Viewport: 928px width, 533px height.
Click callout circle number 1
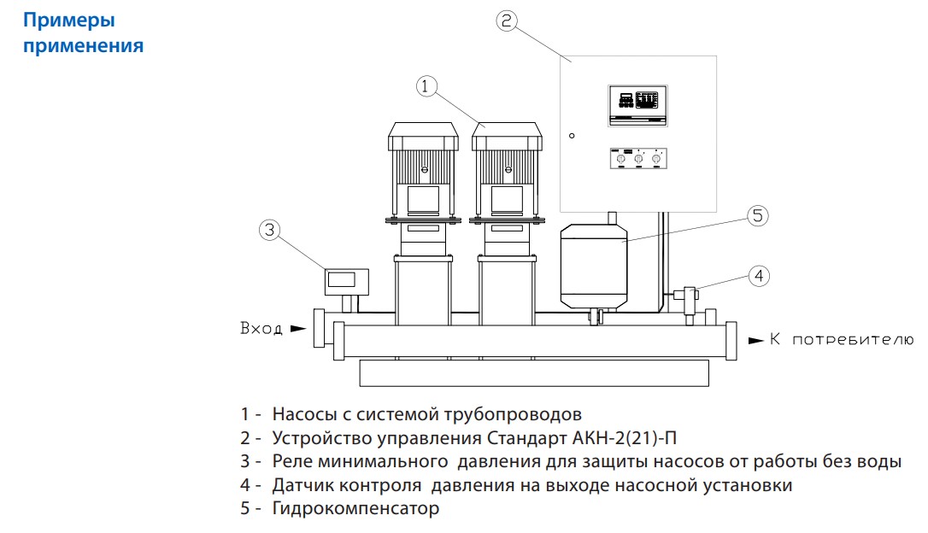point(427,85)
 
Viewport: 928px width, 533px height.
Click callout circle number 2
point(507,21)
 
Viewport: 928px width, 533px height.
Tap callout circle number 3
point(269,229)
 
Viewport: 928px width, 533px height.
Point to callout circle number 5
point(758,216)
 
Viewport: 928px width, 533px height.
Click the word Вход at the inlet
point(261,329)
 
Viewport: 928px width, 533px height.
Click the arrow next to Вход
point(297,328)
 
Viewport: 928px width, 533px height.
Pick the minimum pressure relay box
point(346,279)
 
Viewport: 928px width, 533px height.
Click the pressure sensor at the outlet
point(686,296)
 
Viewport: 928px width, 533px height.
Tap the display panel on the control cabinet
point(637,105)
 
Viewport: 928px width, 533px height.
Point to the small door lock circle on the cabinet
point(572,135)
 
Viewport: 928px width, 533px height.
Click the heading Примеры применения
point(83,32)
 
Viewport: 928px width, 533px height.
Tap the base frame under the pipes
point(534,372)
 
